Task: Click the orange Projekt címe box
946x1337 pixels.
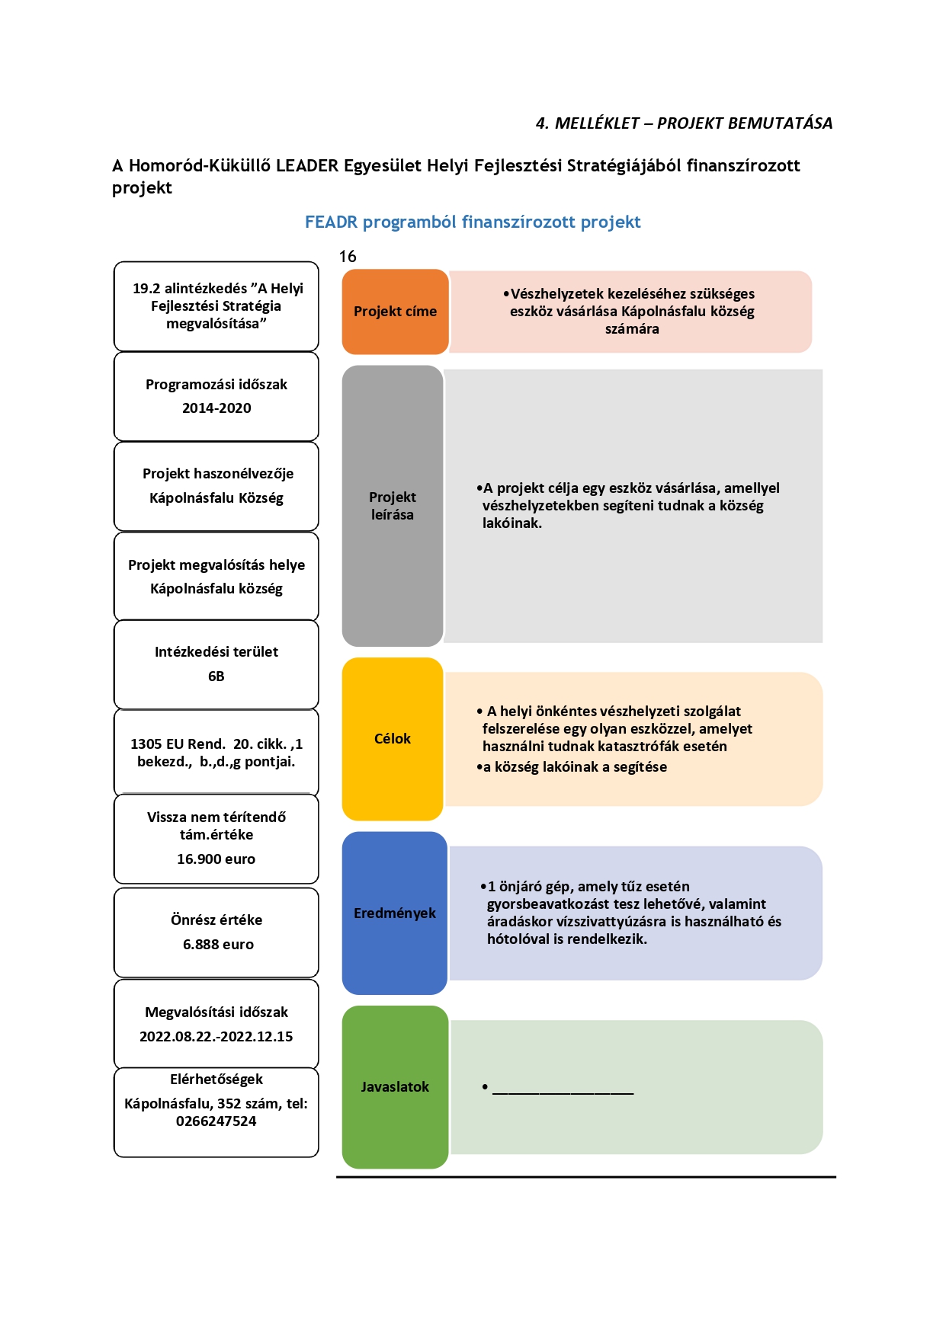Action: [395, 312]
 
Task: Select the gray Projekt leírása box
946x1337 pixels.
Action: [393, 506]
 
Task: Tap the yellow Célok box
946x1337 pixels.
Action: [393, 739]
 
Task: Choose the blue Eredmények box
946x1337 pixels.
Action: [395, 913]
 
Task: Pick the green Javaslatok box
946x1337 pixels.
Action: [395, 1087]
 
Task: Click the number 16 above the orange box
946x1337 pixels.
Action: [348, 257]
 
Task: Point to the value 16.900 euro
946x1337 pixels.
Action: [216, 859]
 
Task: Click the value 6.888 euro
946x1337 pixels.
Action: [218, 945]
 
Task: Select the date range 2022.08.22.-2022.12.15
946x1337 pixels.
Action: [216, 1037]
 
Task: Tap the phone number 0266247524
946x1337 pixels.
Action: [216, 1121]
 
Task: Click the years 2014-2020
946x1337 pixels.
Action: [216, 408]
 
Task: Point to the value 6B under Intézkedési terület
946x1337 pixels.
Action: [216, 676]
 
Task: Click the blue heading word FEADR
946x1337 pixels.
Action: [332, 222]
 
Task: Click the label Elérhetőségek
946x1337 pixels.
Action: [216, 1080]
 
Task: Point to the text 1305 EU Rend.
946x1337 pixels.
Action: [178, 744]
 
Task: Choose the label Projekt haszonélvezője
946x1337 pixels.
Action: [218, 474]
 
